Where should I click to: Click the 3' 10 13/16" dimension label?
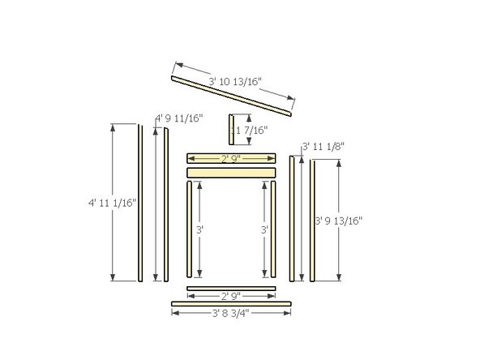tap(233, 82)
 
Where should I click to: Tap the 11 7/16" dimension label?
tap(249, 130)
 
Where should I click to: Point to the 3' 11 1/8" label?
tap(324, 146)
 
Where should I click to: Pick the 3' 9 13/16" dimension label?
tap(338, 220)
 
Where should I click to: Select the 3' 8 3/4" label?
tap(230, 313)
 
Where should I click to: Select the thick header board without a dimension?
tap(232, 173)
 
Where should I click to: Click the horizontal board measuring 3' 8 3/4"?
tap(231, 304)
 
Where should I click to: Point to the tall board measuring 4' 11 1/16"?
tap(140, 203)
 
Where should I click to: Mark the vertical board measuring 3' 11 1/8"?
tap(292, 218)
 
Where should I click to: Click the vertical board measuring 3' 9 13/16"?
tap(312, 220)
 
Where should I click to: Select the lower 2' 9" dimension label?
tap(232, 297)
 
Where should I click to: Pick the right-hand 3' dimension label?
tap(264, 230)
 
